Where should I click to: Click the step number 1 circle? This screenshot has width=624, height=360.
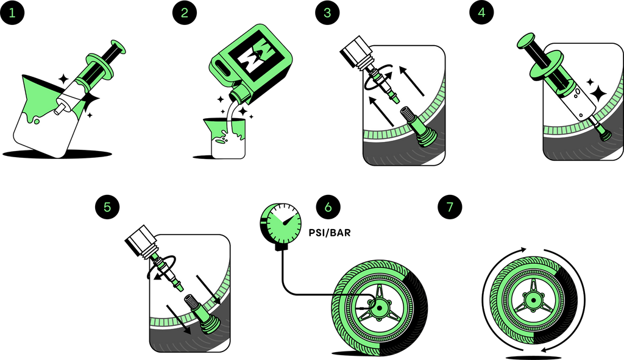tap(12, 12)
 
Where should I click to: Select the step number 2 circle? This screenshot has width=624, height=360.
tap(184, 12)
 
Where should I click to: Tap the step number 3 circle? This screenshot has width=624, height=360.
tap(327, 12)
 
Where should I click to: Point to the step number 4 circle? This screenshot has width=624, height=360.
tap(481, 12)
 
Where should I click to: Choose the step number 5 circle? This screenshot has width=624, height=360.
tap(107, 207)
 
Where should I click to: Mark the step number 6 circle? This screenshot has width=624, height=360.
tap(328, 207)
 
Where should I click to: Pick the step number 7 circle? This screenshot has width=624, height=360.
tap(450, 207)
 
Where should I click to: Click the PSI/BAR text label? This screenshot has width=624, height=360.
tap(330, 232)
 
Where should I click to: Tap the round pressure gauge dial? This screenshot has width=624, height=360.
tap(280, 223)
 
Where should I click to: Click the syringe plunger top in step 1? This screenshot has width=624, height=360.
tap(119, 46)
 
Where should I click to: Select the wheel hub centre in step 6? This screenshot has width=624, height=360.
tap(378, 308)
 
